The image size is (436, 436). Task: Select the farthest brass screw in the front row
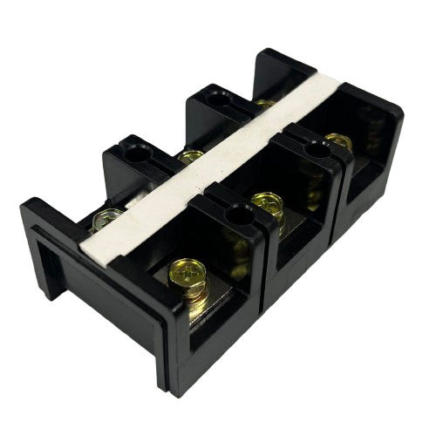coord(335,142)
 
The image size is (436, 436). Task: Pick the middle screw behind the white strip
coord(188,158)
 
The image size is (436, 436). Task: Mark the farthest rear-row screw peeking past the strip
coord(265,105)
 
